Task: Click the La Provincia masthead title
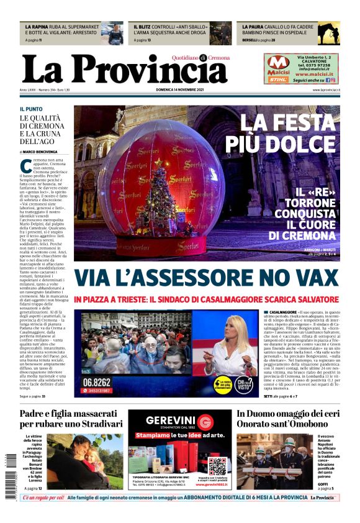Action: pyautogui.click(x=124, y=69)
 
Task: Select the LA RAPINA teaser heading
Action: pyautogui.click(x=37, y=27)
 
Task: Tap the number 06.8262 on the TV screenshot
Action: pyautogui.click(x=98, y=381)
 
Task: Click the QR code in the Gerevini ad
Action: pyautogui.click(x=217, y=465)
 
